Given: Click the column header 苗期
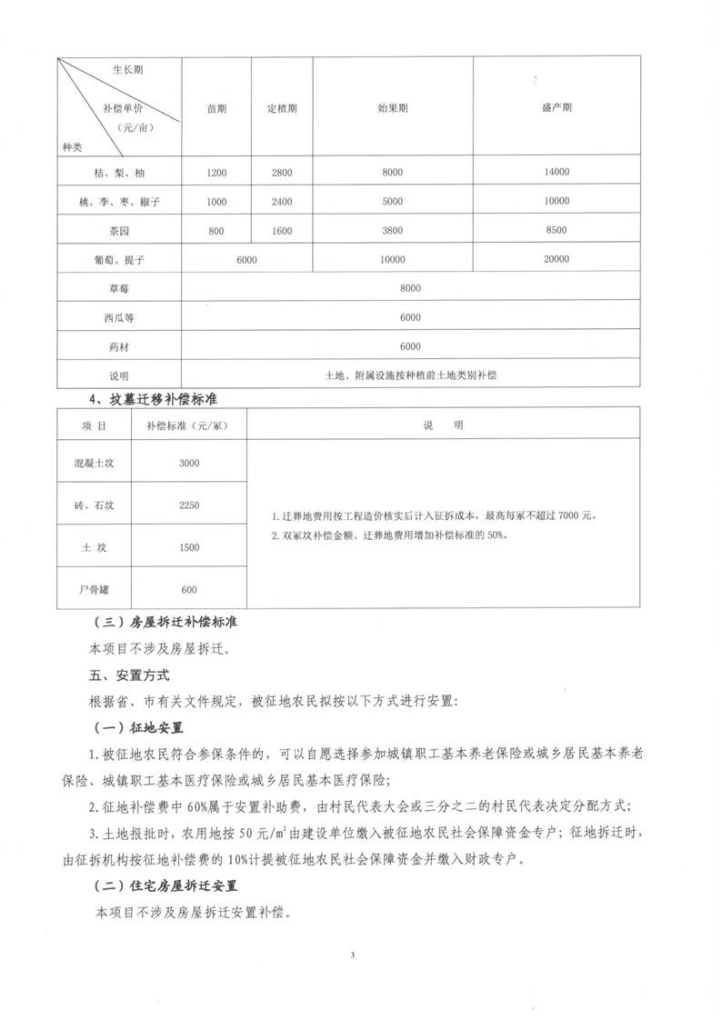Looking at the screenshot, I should pos(216,108).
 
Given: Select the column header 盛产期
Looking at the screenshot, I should pos(556,107).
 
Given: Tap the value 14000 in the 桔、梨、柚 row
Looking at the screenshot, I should pos(556,172).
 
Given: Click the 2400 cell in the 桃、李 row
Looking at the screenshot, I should pos(282,202).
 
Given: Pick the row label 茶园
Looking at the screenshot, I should pos(119,231).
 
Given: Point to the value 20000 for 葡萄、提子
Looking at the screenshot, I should pos(556,260).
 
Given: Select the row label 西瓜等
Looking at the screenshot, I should pos(119,317).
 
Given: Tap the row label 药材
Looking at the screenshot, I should pos(119,346).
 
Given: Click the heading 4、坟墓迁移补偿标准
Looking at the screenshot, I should pos(152,399).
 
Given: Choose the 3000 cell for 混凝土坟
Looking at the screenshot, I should pos(189,464).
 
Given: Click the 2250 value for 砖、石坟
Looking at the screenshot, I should pos(189,505).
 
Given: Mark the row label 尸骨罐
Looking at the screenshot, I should pos(95,589).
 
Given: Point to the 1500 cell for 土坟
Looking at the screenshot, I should pos(189,547).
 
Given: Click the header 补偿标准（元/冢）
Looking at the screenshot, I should pos(189,425).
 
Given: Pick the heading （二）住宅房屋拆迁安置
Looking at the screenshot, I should pos(167,885).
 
